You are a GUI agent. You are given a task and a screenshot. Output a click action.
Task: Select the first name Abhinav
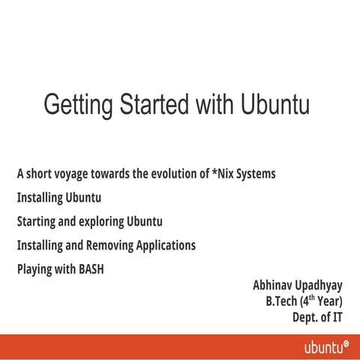click(x=257, y=286)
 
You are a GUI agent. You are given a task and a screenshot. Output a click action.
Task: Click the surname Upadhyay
click(x=313, y=286)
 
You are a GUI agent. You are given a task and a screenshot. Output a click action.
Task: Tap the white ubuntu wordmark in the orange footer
click(x=322, y=347)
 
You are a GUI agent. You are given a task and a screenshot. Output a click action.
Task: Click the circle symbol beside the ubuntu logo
click(x=346, y=343)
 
